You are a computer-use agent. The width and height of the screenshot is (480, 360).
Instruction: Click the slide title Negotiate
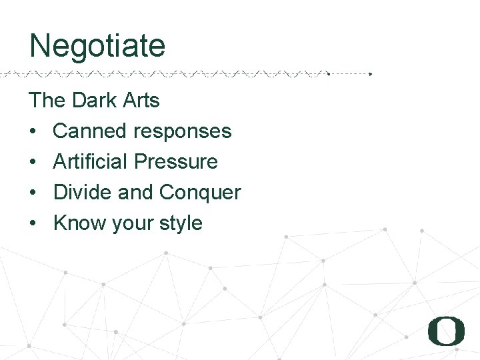pos(97,46)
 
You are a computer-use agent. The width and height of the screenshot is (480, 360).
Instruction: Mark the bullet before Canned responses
pos(33,132)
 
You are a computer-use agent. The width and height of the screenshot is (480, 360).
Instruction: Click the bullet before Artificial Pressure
pos(33,163)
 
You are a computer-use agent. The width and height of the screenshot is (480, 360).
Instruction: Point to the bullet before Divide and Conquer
pos(33,193)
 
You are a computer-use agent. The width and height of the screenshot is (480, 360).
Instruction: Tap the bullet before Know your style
pos(33,224)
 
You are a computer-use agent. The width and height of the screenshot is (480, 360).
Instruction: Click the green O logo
pos(446,331)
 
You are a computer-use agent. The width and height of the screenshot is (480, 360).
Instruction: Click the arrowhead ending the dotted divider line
pos(371,73)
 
